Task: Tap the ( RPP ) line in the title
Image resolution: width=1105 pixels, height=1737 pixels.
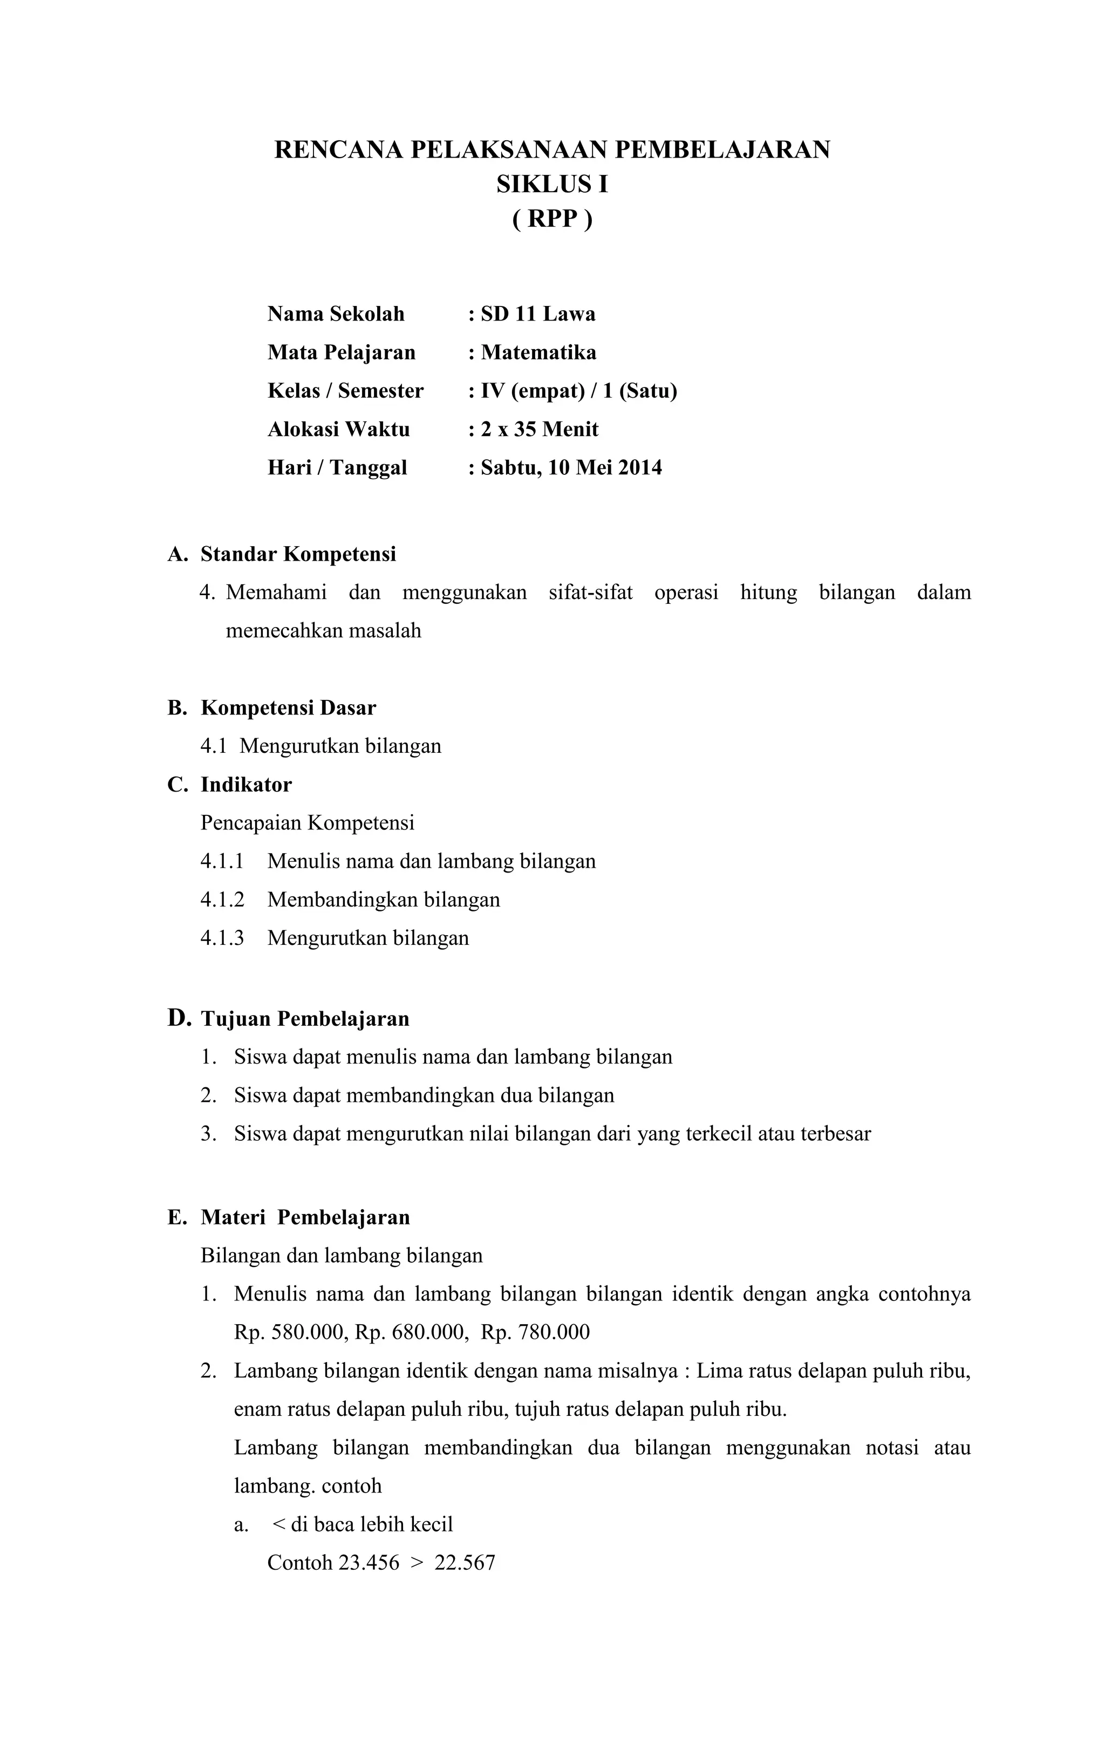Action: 552,219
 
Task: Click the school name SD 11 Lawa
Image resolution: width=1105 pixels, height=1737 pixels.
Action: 537,314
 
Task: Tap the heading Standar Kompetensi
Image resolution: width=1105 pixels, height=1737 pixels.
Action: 298,554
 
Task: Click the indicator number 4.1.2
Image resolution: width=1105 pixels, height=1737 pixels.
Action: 222,900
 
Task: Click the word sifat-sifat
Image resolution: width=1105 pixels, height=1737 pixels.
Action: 590,592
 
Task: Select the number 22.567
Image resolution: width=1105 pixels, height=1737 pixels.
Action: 465,1562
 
